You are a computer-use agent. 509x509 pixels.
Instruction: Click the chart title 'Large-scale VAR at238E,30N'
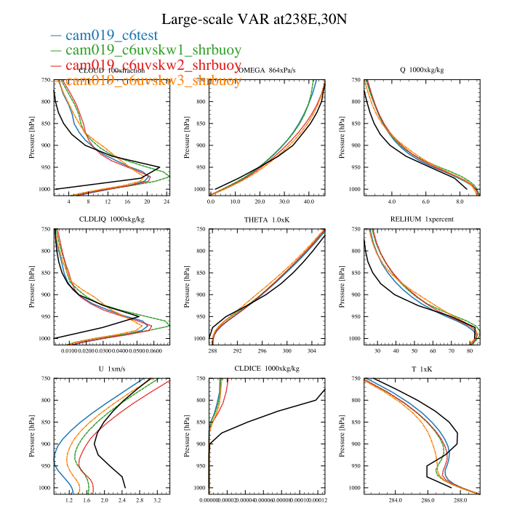click(254, 19)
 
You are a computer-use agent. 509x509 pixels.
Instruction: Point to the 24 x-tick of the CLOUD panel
click(167, 201)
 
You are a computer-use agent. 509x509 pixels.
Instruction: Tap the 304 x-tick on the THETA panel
click(314, 350)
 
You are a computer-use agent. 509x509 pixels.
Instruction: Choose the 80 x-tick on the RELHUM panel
click(470, 350)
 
